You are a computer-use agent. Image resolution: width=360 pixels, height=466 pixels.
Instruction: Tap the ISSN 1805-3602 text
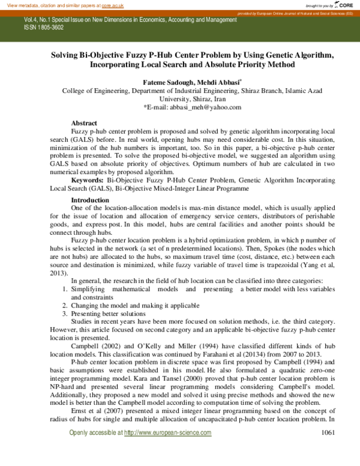click(44, 28)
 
